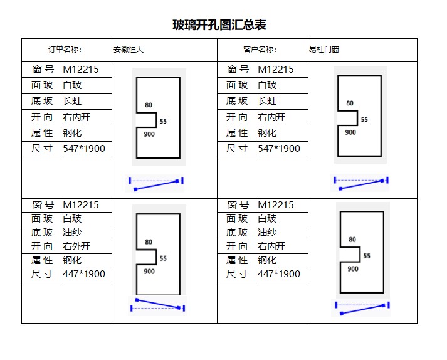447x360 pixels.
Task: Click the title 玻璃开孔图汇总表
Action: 219,25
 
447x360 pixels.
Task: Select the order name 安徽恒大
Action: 129,50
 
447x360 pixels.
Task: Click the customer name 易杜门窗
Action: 324,50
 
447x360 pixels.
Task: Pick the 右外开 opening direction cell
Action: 76,246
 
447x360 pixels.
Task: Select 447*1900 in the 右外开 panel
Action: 84,274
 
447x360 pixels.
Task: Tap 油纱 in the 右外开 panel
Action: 72,233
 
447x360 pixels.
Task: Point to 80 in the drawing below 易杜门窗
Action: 350,103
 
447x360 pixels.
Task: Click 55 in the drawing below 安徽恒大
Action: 163,121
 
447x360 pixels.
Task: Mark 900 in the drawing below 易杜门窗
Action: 350,132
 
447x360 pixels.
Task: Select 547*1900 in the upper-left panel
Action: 84,149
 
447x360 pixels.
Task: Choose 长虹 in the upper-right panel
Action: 267,101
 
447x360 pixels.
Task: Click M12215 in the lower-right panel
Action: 276,205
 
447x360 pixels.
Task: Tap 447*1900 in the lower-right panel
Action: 279,274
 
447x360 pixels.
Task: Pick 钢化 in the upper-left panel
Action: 72,132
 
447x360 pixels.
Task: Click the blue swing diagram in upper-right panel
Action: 361,184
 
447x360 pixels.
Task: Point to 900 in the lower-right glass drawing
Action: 353,268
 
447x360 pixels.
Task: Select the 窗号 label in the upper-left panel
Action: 43,70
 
